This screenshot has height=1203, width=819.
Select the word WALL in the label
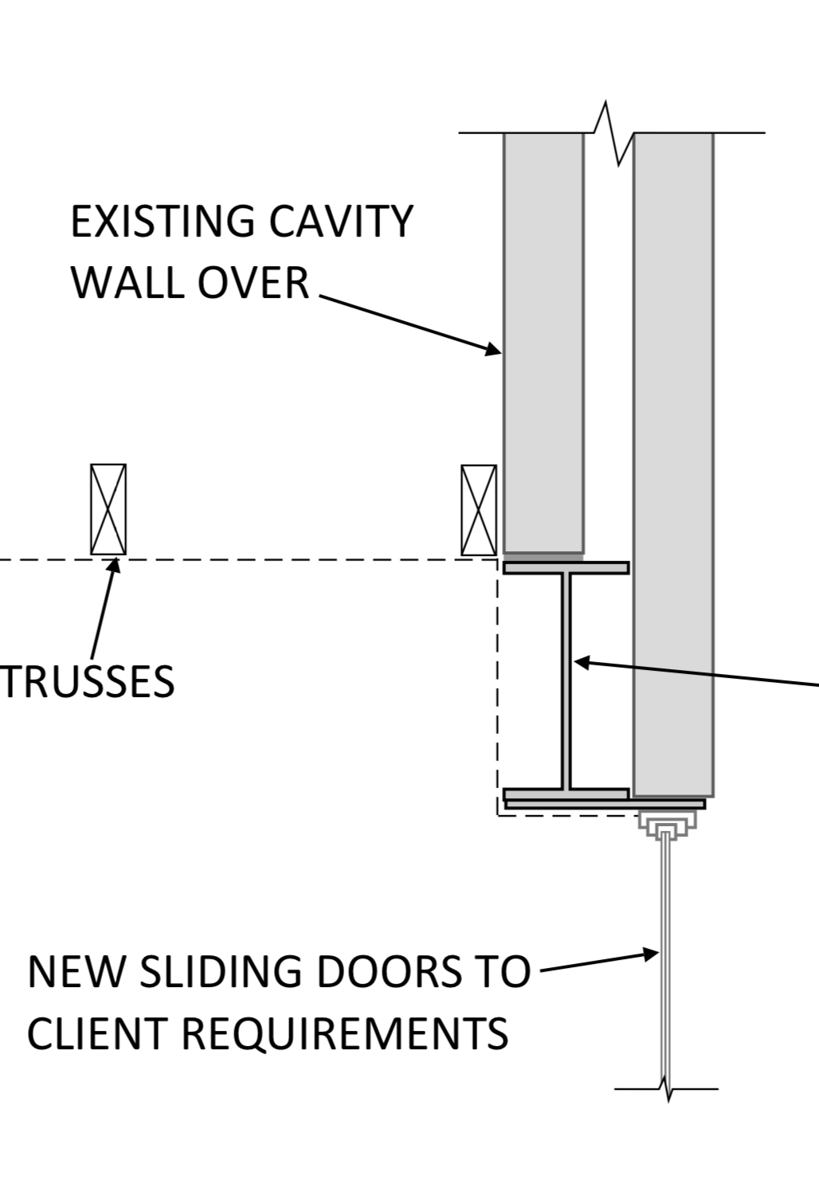(x=126, y=283)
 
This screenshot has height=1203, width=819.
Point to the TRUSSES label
(x=87, y=682)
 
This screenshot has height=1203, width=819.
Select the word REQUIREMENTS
(x=345, y=1033)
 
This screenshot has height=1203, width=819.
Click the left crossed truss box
(x=108, y=509)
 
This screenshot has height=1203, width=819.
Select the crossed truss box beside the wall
(x=479, y=510)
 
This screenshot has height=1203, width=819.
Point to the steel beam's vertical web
(x=566, y=681)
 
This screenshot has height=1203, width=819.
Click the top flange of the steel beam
(x=566, y=568)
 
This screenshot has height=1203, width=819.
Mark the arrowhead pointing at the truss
(x=114, y=566)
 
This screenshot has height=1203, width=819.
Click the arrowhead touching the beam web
(x=581, y=662)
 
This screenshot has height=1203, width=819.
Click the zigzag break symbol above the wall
(x=613, y=134)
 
